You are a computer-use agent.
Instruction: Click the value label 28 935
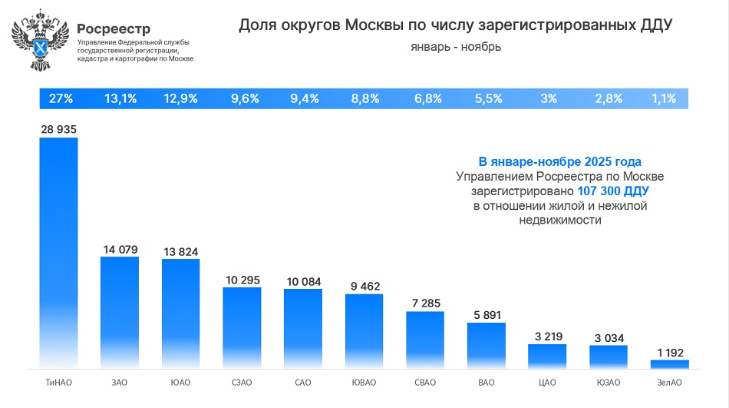point(59,130)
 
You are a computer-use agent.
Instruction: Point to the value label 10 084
point(303,280)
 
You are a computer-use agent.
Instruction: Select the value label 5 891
point(487,314)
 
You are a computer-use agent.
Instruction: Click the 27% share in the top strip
point(61,98)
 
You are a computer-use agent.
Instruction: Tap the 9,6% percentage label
point(245,98)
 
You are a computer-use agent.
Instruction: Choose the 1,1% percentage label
point(663,98)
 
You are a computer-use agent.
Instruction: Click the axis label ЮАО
point(181,382)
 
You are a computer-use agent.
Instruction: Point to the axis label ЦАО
point(547,382)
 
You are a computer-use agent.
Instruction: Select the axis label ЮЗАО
point(609,382)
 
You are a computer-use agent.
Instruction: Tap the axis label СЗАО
point(242,382)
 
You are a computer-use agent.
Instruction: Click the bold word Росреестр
point(113,29)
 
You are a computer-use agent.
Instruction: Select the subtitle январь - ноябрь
point(455,47)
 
